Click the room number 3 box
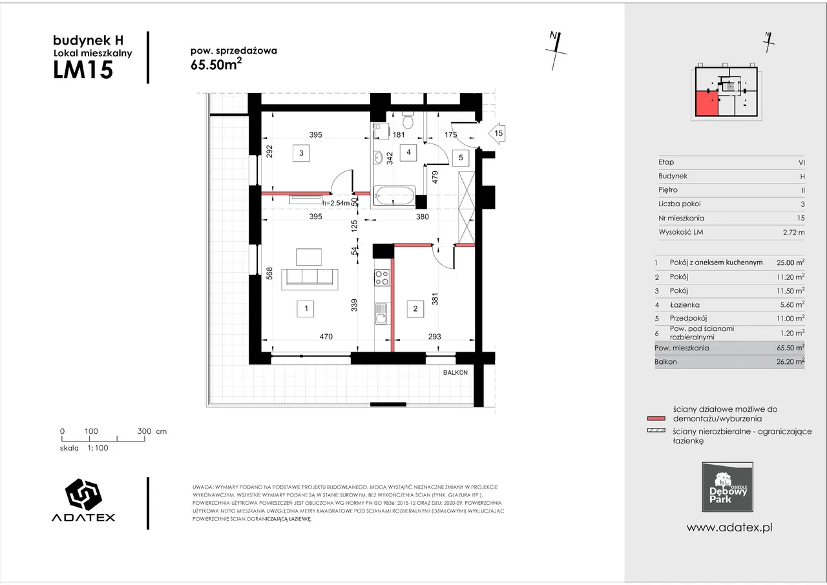click(x=301, y=153)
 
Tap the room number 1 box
click(x=306, y=308)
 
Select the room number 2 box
click(x=415, y=309)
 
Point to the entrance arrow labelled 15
click(x=497, y=133)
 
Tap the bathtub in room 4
click(x=394, y=195)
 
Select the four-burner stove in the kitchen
click(x=382, y=278)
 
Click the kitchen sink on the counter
click(x=381, y=313)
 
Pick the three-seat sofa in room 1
click(x=309, y=279)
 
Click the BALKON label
click(x=455, y=372)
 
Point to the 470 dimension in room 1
click(x=326, y=336)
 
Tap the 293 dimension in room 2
click(x=435, y=336)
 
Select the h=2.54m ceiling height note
click(x=336, y=203)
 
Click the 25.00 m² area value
click(x=790, y=262)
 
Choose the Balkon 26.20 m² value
click(x=790, y=361)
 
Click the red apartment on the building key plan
click(x=707, y=104)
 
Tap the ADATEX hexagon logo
click(x=83, y=494)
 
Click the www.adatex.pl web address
click(x=729, y=527)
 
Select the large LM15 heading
click(x=83, y=69)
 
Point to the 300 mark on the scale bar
click(x=144, y=431)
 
